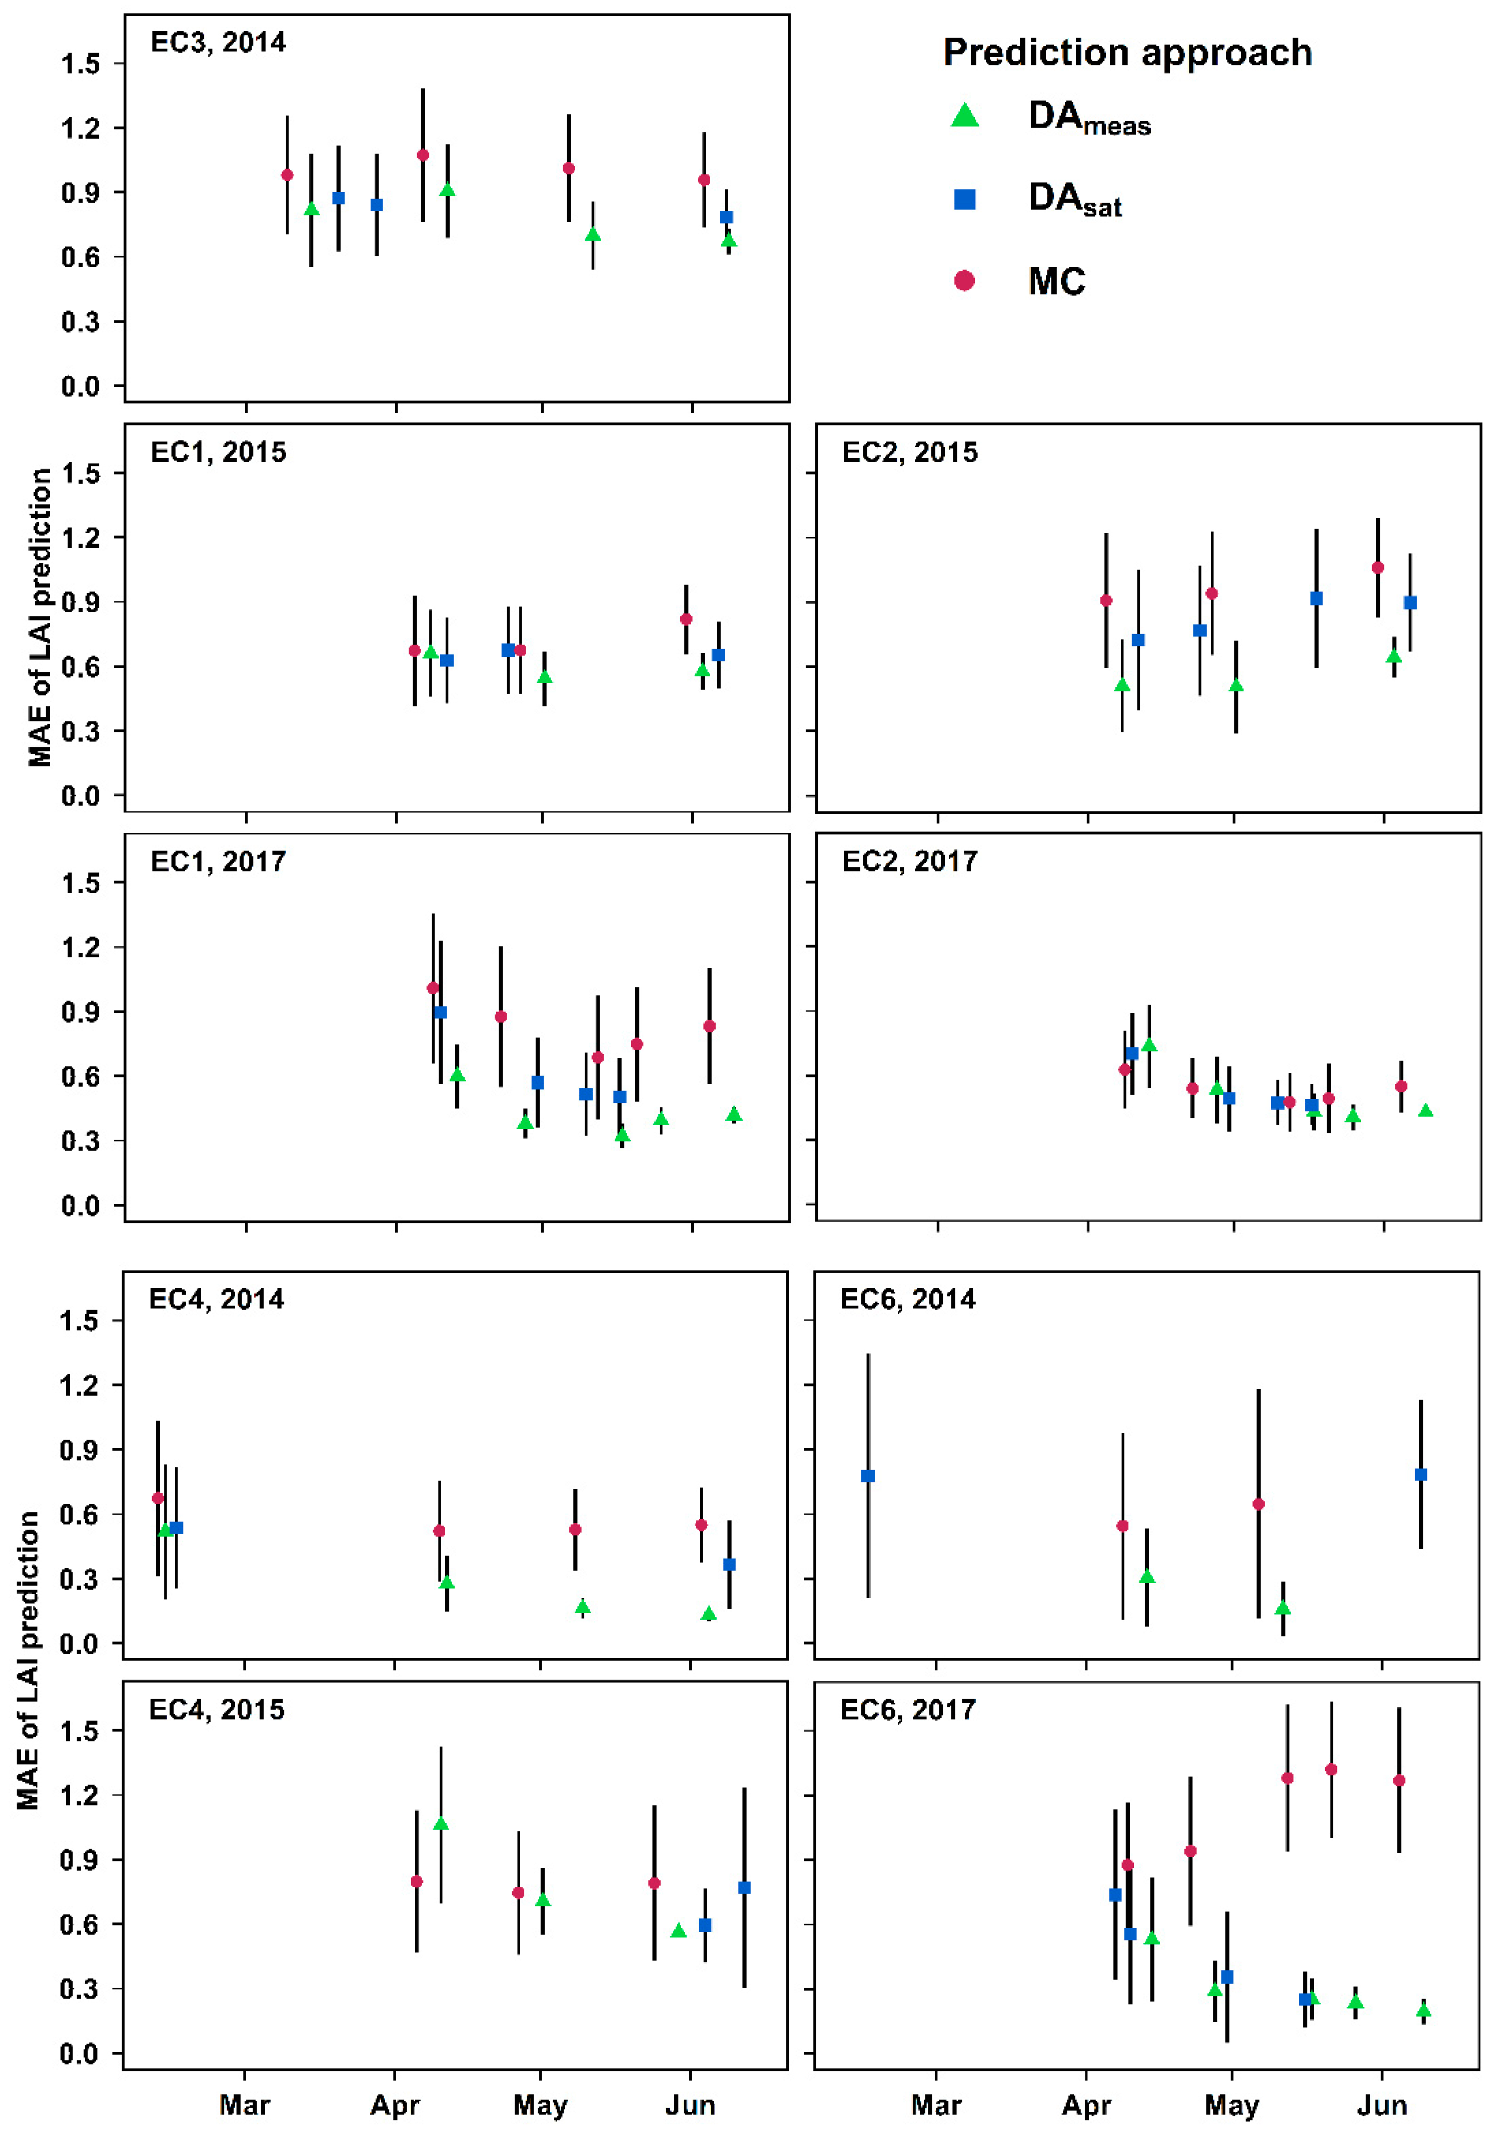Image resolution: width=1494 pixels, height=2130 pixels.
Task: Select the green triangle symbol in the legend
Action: [x=965, y=116]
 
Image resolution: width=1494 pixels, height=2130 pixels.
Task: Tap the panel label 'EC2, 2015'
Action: [x=909, y=452]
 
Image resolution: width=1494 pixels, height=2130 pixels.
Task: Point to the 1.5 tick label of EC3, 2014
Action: [x=80, y=64]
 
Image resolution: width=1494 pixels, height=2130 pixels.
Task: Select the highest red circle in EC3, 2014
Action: [x=423, y=155]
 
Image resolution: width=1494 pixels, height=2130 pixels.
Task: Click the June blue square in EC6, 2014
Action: [x=1420, y=1474]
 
